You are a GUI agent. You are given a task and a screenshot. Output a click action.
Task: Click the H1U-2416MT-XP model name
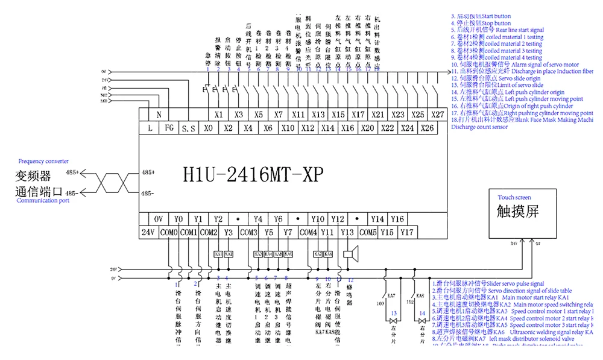(253, 174)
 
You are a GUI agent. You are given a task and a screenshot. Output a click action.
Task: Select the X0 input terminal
(208, 128)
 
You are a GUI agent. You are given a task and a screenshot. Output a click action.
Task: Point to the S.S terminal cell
(188, 128)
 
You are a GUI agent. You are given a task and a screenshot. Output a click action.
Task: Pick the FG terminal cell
(169, 128)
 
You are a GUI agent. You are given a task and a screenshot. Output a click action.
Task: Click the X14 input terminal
(327, 128)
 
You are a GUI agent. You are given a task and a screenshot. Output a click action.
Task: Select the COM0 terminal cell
(169, 232)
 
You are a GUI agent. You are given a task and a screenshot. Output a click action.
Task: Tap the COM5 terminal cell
(368, 232)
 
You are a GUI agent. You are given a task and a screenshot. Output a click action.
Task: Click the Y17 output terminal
(408, 232)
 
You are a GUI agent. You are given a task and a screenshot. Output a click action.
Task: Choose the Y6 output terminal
(278, 219)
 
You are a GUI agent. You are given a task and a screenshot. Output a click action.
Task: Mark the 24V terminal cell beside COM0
(149, 232)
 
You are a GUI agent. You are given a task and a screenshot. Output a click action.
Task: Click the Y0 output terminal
(178, 219)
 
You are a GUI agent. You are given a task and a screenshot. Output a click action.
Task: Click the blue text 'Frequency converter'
(43, 162)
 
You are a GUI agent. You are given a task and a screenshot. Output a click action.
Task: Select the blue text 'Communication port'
(43, 200)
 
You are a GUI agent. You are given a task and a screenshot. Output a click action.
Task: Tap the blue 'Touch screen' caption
(514, 197)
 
